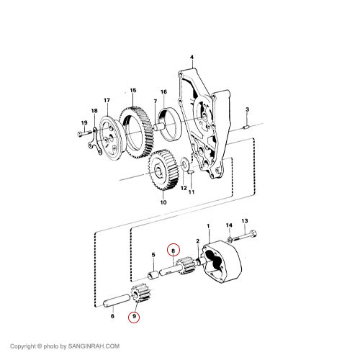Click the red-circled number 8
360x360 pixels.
coord(173,251)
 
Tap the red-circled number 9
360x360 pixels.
coord(134,316)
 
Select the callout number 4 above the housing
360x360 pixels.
coord(192,58)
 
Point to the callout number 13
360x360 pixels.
coord(245,220)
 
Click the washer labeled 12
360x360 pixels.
coord(185,163)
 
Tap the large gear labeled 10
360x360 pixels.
coord(163,169)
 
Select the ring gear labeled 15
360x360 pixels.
coord(136,132)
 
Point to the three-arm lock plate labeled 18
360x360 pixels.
coord(96,143)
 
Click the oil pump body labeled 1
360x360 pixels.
coord(222,261)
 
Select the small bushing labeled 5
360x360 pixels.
coord(153,275)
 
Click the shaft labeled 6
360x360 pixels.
coord(117,301)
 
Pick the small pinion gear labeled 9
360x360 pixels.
coord(140,293)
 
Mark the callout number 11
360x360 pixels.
coord(192,192)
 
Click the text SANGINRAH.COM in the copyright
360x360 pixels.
coord(94,346)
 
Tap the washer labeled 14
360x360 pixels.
coord(229,239)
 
